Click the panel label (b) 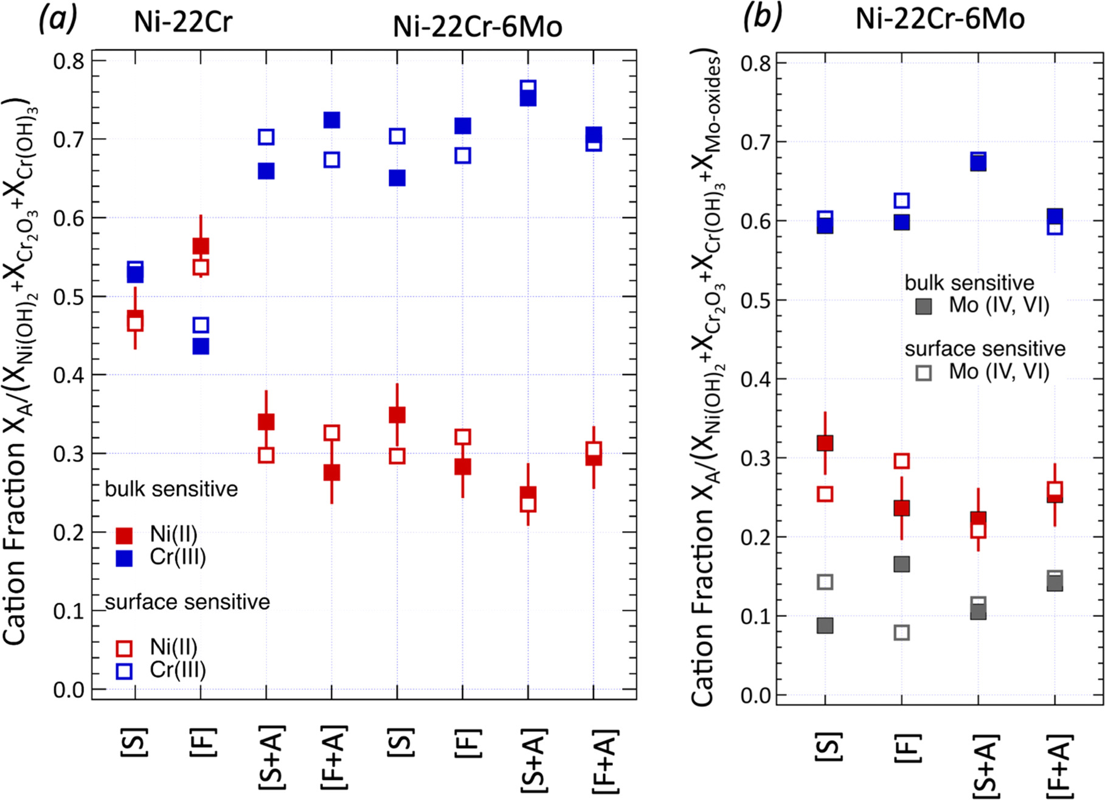(x=762, y=18)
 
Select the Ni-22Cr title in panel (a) (x=183, y=23)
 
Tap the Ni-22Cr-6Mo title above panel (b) (x=940, y=19)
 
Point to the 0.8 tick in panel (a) (x=68, y=61)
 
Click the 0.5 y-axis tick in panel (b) (x=757, y=301)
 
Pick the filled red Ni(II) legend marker (x=124, y=535)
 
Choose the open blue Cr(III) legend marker (x=124, y=671)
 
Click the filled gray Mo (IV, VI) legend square (x=923, y=306)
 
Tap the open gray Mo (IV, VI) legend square (x=923, y=372)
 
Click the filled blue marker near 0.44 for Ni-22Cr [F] (x=201, y=346)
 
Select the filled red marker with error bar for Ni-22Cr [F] (x=201, y=246)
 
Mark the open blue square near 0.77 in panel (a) (x=528, y=87)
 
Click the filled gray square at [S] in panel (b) (x=825, y=625)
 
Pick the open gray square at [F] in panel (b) (x=902, y=633)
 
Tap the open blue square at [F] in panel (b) (x=902, y=201)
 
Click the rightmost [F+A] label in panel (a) (x=604, y=761)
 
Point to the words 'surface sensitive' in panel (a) (x=187, y=602)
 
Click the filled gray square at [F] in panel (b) (x=902, y=564)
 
